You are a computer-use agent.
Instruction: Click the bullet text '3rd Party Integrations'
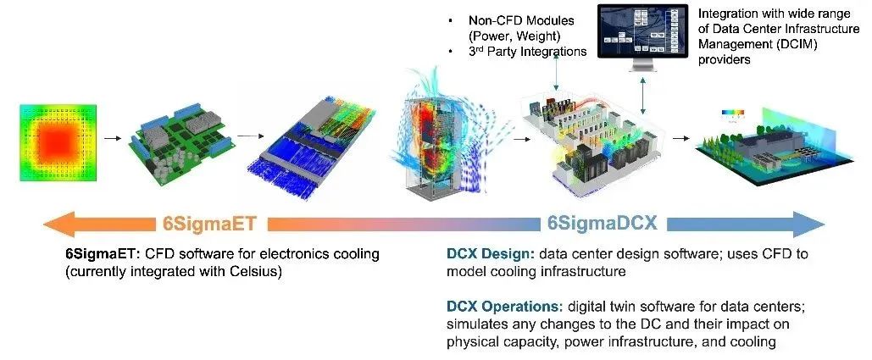pos(527,52)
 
